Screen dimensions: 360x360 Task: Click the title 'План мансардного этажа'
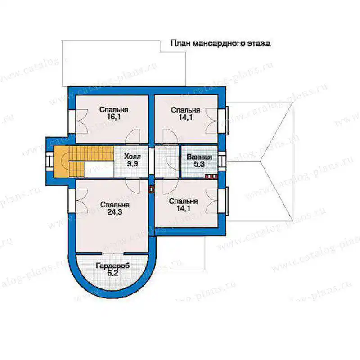(x=220, y=43)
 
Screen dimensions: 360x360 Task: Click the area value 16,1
(x=114, y=117)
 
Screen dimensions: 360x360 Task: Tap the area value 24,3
(x=115, y=212)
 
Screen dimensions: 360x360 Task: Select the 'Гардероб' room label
(x=113, y=266)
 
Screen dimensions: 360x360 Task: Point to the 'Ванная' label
(x=199, y=157)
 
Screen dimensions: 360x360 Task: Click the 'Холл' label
(x=132, y=157)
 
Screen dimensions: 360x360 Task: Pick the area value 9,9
(x=132, y=164)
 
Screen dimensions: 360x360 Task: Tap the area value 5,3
(x=199, y=164)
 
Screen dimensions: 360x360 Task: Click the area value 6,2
(x=113, y=273)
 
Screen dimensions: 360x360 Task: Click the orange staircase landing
(x=61, y=162)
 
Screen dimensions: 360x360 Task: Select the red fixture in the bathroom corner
(x=211, y=176)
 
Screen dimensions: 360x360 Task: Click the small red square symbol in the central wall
(x=151, y=189)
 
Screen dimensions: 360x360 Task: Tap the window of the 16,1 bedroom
(x=72, y=121)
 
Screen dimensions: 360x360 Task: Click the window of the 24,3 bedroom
(x=72, y=200)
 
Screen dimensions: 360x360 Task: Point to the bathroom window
(x=222, y=161)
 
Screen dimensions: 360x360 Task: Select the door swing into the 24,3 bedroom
(x=133, y=186)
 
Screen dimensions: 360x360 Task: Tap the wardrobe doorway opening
(x=113, y=254)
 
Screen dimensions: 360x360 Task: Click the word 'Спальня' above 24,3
(x=115, y=205)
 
